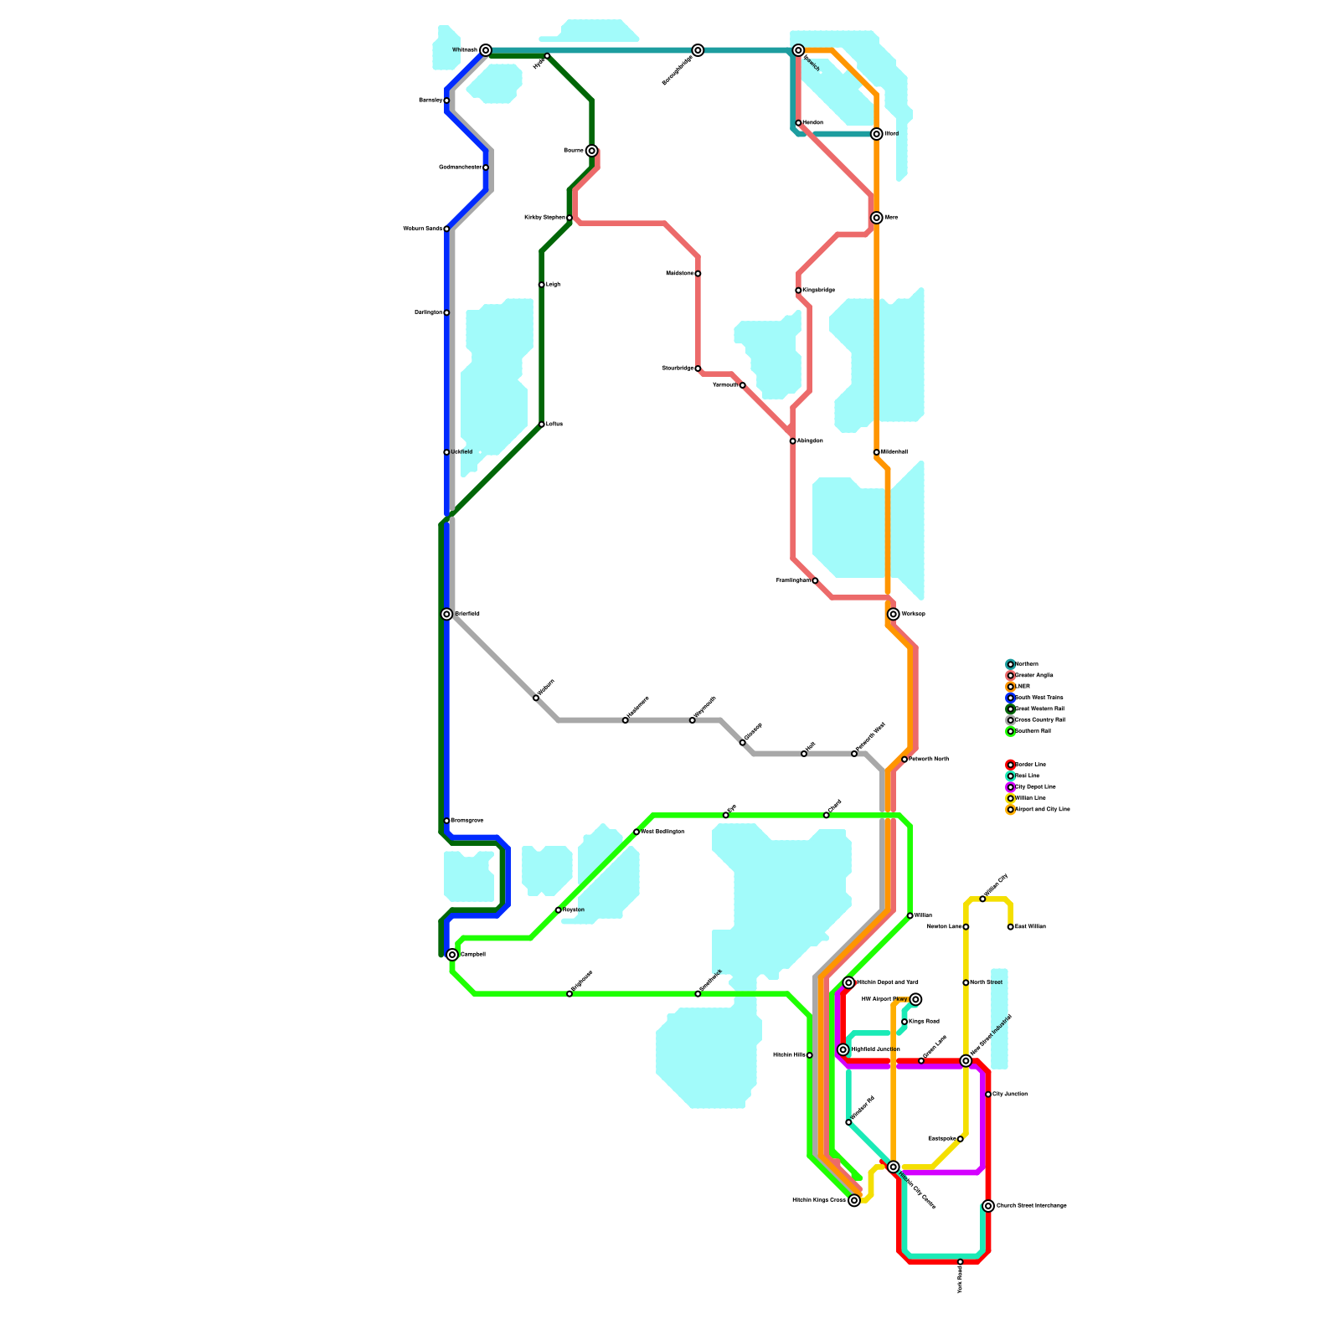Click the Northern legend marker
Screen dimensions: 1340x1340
pyautogui.click(x=1010, y=664)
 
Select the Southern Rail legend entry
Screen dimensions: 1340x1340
pyautogui.click(x=1033, y=731)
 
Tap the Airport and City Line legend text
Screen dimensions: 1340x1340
pyautogui.click(x=1042, y=810)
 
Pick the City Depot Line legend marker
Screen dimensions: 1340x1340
pyautogui.click(x=1010, y=787)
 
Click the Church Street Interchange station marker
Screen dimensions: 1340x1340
pyautogui.click(x=988, y=1206)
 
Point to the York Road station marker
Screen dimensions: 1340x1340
pyautogui.click(x=960, y=1261)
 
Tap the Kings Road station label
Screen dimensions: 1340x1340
pyautogui.click(x=925, y=1022)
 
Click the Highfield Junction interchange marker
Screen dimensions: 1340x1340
pyautogui.click(x=843, y=1049)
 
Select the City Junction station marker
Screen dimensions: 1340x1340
pyautogui.click(x=988, y=1095)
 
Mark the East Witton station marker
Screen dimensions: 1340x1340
pyautogui.click(x=1010, y=927)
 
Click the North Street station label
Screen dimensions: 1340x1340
pyautogui.click(x=987, y=982)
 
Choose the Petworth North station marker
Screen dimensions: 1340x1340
pyautogui.click(x=904, y=760)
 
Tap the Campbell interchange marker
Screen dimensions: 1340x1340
pyautogui.click(x=452, y=955)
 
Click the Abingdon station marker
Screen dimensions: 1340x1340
pyautogui.click(x=792, y=441)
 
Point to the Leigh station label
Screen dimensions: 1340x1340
pyautogui.click(x=553, y=285)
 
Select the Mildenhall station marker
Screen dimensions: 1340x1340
pyautogui.click(x=876, y=452)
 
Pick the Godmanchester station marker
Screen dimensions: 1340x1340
pyautogui.click(x=486, y=167)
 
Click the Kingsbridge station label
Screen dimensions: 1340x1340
pyautogui.click(x=819, y=291)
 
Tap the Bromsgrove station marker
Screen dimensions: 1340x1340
pyautogui.click(x=446, y=821)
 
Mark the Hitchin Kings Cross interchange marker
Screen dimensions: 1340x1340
pyautogui.click(x=854, y=1200)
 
